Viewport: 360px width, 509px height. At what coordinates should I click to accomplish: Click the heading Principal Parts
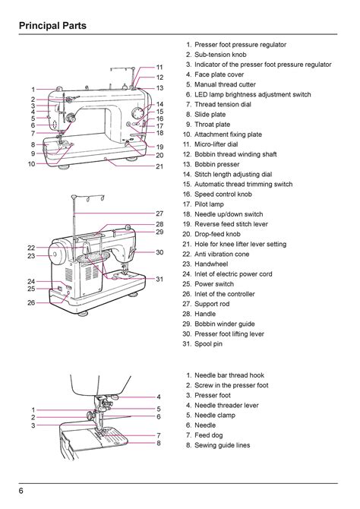pos(52,26)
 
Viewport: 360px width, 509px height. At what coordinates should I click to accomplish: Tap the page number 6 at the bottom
pos(21,491)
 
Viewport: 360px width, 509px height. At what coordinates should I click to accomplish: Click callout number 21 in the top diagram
pos(159,166)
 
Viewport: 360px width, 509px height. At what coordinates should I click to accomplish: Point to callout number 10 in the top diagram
pos(31,163)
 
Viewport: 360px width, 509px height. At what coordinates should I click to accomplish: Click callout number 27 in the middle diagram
pos(159,213)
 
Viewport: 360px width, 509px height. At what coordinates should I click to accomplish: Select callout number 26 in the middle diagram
pos(31,302)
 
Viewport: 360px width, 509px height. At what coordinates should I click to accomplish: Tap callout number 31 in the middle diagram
pos(159,279)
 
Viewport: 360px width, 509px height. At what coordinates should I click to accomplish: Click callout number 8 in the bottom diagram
pos(159,443)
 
